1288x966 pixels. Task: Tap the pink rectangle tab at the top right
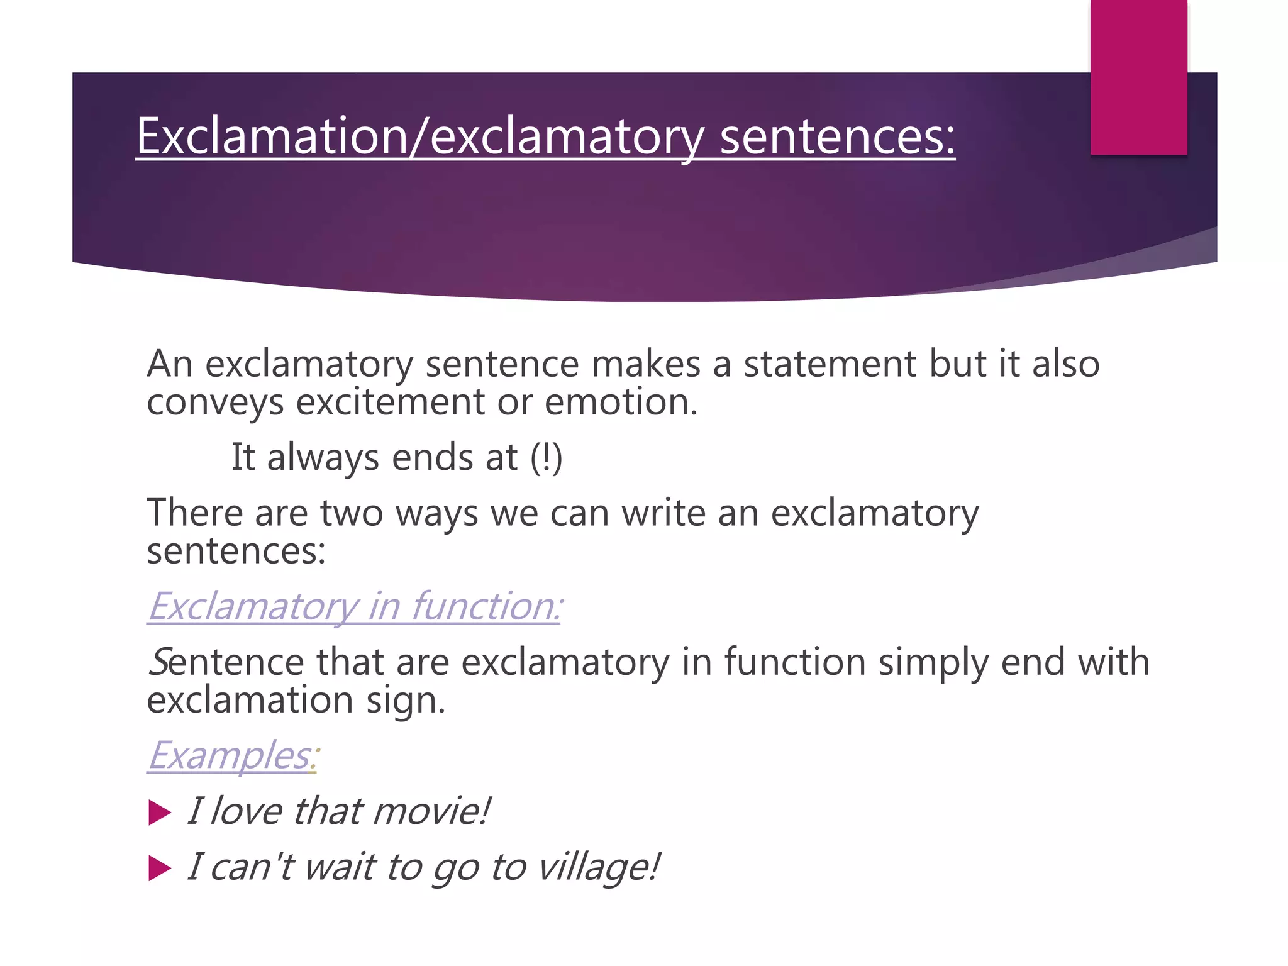[x=1138, y=77]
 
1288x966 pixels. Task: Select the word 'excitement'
[x=390, y=402]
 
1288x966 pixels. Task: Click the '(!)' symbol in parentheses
[x=546, y=457]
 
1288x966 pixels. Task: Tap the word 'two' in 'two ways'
[x=352, y=513]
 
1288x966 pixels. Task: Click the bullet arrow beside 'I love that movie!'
[x=159, y=813]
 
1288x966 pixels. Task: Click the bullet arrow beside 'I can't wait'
[x=159, y=869]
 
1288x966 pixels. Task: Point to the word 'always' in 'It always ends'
[x=323, y=458]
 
